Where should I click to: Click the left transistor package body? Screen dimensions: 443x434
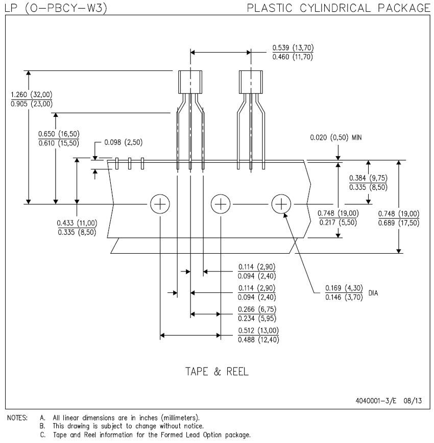coord(190,81)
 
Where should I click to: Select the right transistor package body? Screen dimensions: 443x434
coord(251,81)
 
